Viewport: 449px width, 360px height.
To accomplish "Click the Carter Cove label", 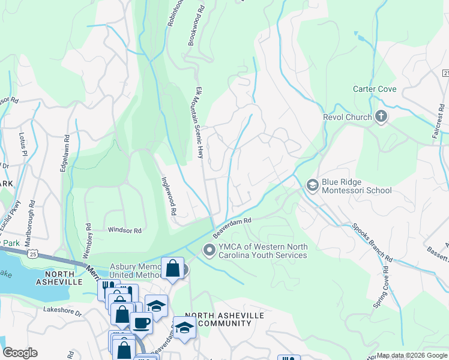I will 375,89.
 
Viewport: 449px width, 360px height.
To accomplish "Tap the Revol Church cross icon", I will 381,117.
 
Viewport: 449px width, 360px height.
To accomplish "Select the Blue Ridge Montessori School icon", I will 312,185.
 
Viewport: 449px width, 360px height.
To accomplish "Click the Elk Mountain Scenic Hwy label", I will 199,123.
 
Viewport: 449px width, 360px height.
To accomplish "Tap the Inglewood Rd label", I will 168,195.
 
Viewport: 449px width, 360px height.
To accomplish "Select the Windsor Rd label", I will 124,230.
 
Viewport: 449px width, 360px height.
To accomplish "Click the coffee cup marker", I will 142,322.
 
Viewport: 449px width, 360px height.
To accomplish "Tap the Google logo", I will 20,353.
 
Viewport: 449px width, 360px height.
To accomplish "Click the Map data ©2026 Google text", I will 412,355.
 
